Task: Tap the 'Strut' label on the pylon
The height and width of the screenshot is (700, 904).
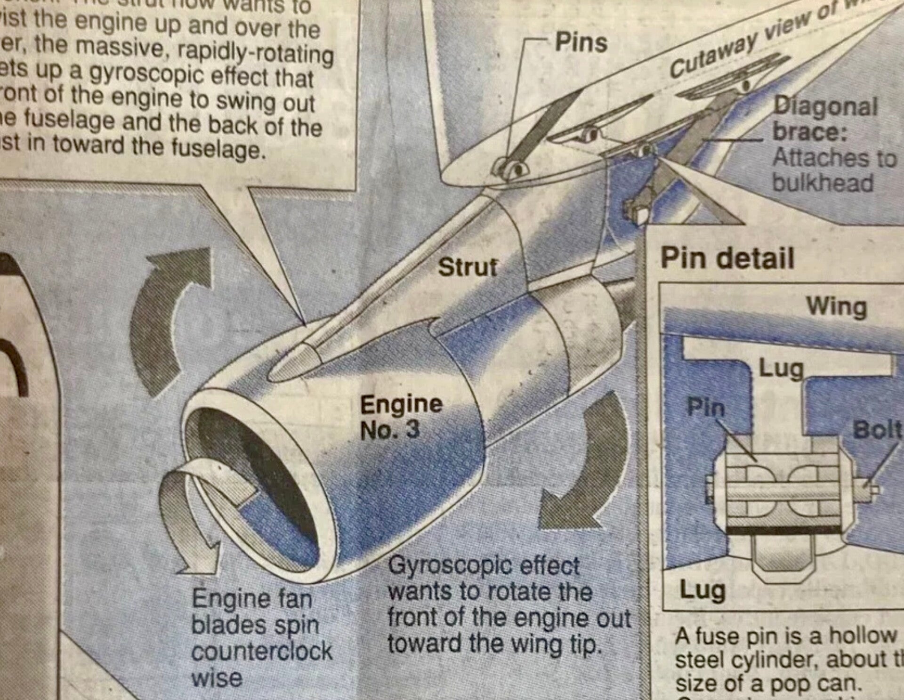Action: [x=468, y=267]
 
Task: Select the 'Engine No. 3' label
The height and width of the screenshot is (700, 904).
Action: [x=401, y=417]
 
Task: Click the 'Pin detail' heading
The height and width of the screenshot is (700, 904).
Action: [x=727, y=258]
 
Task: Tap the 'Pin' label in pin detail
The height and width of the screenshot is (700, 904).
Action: [x=706, y=407]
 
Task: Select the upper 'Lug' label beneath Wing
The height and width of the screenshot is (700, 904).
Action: [x=781, y=369]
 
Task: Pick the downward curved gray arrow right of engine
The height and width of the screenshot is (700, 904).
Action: [x=589, y=466]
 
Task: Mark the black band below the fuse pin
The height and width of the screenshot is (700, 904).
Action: [x=784, y=530]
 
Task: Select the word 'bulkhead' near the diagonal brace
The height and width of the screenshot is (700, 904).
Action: [x=823, y=183]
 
